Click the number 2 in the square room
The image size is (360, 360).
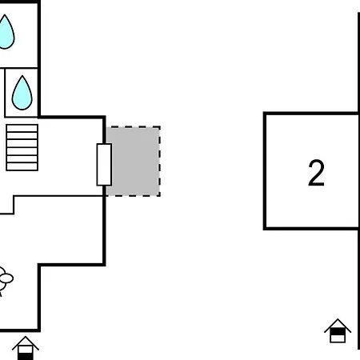[316, 173]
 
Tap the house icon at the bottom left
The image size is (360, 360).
[26, 348]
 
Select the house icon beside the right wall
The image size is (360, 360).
[338, 330]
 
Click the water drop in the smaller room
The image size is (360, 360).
[22, 91]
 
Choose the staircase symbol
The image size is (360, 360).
[22, 146]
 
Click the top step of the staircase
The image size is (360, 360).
[22, 126]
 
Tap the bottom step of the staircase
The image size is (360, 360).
[22, 166]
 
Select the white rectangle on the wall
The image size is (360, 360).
[104, 165]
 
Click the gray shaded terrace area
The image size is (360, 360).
[134, 161]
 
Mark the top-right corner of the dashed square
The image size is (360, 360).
[159, 126]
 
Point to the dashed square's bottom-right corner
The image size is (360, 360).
[159, 195]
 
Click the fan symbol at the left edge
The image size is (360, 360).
[4, 279]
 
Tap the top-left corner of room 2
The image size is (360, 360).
[265, 114]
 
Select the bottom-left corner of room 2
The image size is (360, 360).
[265, 228]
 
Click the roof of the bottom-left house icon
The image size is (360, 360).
[26, 342]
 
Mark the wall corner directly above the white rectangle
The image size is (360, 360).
[105, 118]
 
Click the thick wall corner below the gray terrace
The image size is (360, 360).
[105, 264]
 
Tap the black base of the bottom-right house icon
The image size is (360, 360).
[338, 337]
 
